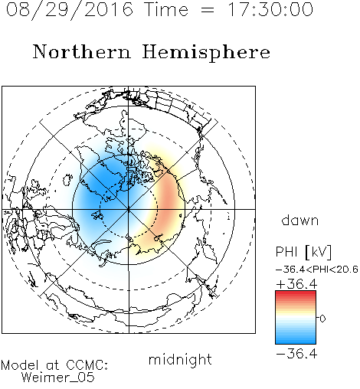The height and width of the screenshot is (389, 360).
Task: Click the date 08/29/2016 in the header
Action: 70,10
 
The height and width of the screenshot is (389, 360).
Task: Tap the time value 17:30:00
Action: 270,9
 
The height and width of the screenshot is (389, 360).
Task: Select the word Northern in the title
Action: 82,51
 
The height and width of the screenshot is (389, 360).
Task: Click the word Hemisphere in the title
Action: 206,53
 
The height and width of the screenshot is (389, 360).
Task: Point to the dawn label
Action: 300,220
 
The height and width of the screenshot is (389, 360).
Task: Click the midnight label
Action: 180,359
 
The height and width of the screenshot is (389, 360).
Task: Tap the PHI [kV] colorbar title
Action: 303,252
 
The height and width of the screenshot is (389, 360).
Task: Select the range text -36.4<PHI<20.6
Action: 317,270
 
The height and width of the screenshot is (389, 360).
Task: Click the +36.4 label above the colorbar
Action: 296,284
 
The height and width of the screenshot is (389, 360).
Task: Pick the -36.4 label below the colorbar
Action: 296,354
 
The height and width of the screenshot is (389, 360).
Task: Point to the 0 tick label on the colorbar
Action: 322,319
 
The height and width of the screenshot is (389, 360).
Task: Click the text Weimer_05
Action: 58,378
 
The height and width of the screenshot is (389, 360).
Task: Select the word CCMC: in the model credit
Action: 87,365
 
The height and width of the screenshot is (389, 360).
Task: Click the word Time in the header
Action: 166,10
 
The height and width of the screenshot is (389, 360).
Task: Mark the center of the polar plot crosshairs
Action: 129,209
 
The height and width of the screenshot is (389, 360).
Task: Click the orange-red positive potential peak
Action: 168,201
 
